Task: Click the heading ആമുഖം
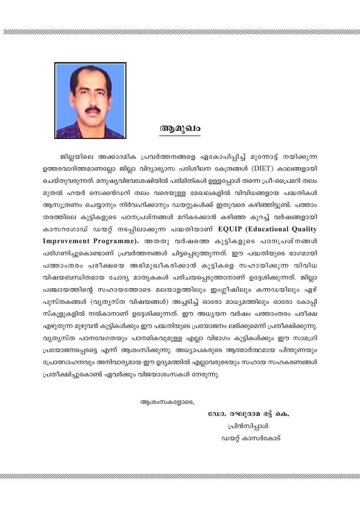coord(180,128)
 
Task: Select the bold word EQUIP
coord(230,229)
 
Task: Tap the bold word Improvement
coord(66,241)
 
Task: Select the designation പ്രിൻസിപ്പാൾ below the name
coord(248,426)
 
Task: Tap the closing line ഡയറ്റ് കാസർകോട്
coord(251,438)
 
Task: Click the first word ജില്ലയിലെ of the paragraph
coord(76,157)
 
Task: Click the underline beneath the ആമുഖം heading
coord(180,136)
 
